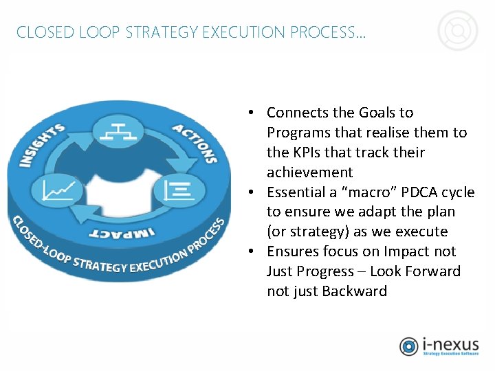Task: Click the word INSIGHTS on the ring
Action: tap(41, 145)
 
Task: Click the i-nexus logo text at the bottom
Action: tap(450, 344)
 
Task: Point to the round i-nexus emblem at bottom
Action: tap(409, 346)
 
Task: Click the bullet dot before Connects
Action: tap(253, 112)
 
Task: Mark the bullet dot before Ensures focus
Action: tap(253, 251)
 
